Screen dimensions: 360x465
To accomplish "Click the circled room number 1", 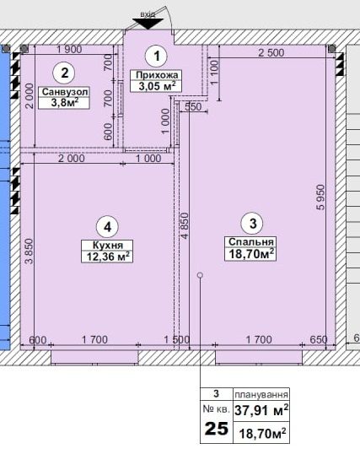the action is click(x=156, y=56).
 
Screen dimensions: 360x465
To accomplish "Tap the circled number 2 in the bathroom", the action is click(x=64, y=73).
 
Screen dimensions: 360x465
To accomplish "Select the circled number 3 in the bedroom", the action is click(x=253, y=224).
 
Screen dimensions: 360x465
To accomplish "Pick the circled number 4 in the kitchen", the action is click(x=108, y=227).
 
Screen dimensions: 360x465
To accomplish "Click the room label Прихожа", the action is click(x=156, y=75).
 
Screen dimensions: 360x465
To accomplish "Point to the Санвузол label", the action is click(x=65, y=92).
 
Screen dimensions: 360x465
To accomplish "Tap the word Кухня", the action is click(x=108, y=246).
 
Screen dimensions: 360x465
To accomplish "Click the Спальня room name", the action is click(x=251, y=242).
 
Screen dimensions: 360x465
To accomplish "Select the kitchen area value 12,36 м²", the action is click(x=108, y=257).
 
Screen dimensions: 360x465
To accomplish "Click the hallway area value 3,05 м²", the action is click(x=156, y=86).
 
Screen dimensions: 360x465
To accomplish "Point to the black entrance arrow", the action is click(x=148, y=24).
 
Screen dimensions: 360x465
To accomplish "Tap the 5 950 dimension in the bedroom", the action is click(x=320, y=197).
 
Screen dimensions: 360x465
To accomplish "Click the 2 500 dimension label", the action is click(x=271, y=53).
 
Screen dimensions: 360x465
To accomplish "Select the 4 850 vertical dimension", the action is click(x=185, y=225).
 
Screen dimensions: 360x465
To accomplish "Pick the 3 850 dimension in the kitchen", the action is click(x=29, y=251).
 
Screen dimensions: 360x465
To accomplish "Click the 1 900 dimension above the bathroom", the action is click(x=69, y=49).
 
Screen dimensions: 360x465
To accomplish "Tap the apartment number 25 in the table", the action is click(x=217, y=429).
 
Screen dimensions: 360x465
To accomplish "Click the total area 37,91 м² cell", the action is click(x=261, y=410).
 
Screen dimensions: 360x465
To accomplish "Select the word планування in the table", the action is click(x=261, y=395).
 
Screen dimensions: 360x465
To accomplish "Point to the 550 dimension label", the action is click(x=193, y=107).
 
